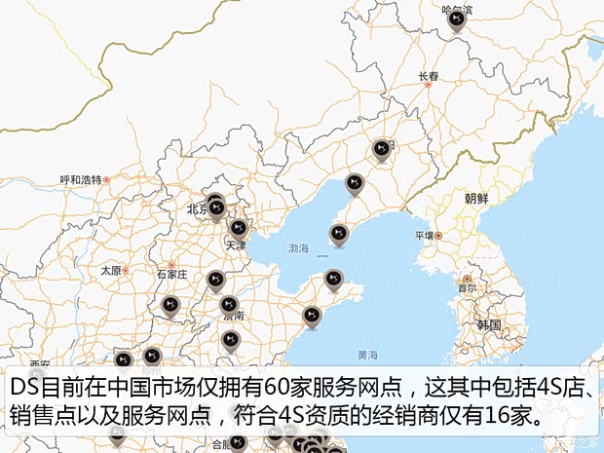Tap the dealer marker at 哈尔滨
pyautogui.click(x=455, y=19)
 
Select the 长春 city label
pyautogui.click(x=429, y=75)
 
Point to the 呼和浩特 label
pyautogui.click(x=81, y=179)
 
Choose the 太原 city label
pyautogui.click(x=110, y=270)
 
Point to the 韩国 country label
pyautogui.click(x=488, y=324)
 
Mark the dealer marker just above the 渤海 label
pyautogui.click(x=338, y=234)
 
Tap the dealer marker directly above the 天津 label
pyautogui.click(x=238, y=229)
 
